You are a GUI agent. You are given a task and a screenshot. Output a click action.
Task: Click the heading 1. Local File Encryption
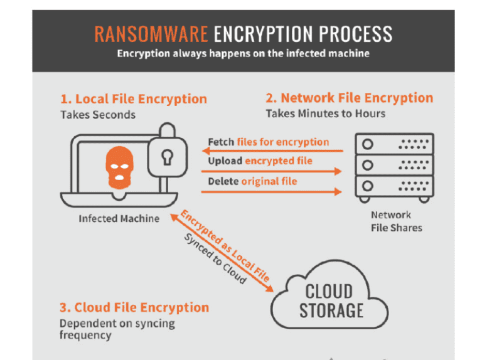click(134, 99)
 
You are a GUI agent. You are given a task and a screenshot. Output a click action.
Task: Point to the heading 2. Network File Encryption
click(349, 98)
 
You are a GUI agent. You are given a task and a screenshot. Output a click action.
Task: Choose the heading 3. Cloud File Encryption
click(134, 308)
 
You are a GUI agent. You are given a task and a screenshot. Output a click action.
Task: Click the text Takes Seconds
click(98, 115)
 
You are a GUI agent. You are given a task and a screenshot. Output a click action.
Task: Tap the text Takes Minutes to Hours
click(325, 114)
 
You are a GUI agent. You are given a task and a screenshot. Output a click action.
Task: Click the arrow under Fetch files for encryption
click(276, 151)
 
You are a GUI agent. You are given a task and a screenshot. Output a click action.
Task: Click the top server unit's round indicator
click(368, 144)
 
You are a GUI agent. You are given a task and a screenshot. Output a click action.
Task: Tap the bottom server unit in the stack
click(394, 186)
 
